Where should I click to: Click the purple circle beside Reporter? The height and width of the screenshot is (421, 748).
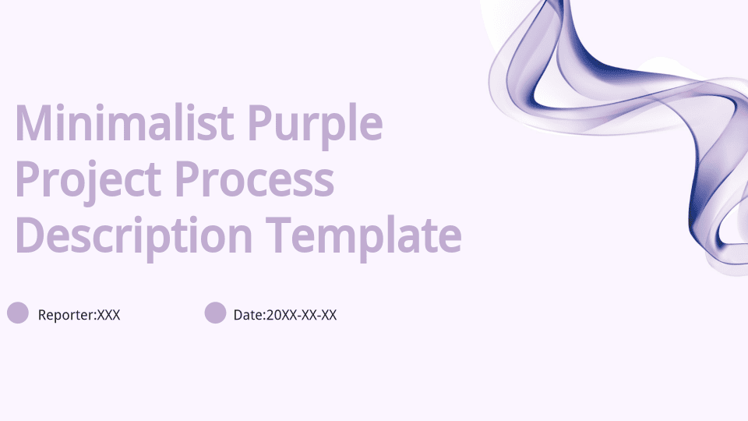click(x=18, y=313)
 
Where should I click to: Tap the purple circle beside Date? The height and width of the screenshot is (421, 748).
click(x=215, y=313)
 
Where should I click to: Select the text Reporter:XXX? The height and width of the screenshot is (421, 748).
click(x=79, y=315)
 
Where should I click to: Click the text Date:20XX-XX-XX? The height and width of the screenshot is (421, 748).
click(x=285, y=315)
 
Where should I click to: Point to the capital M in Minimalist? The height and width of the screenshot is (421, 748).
click(x=34, y=122)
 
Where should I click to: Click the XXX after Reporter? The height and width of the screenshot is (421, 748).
click(x=109, y=315)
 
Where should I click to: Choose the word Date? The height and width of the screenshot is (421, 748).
click(x=248, y=315)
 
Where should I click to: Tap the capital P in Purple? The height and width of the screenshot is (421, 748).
click(x=260, y=122)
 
